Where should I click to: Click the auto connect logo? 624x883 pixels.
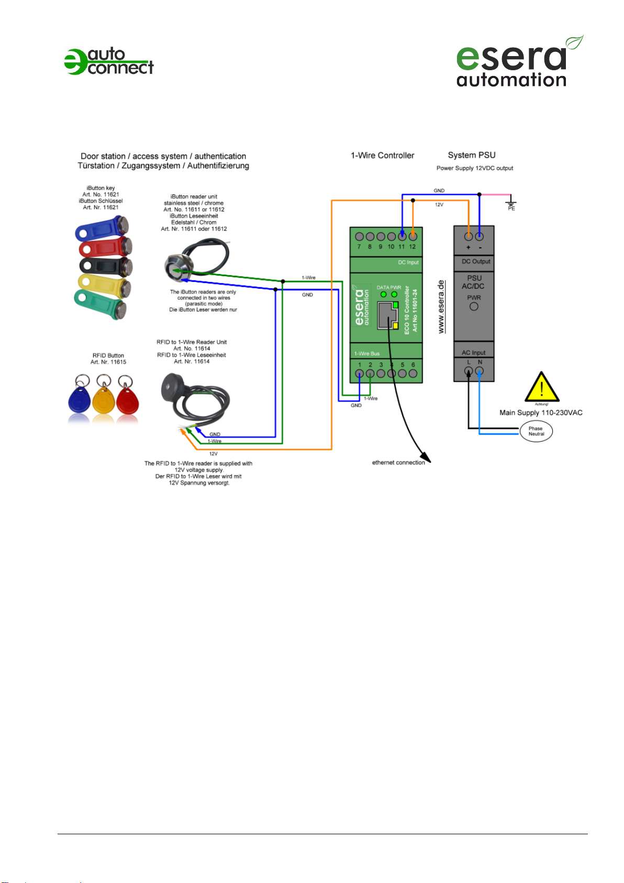coord(109,62)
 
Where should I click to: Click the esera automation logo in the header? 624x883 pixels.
coord(516,62)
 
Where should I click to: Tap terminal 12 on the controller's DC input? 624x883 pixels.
coord(413,237)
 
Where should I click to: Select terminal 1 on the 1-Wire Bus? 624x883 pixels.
coord(360,374)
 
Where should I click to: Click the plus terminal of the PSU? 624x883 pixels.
coord(469,237)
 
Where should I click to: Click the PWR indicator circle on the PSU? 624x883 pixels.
coord(474,307)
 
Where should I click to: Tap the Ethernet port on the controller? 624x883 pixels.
coord(387,315)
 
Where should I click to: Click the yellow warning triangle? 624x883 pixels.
coord(542,388)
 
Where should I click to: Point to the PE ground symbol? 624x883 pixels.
coord(511,202)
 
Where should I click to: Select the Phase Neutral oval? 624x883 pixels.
coord(536,431)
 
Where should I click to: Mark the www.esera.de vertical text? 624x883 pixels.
coord(441,307)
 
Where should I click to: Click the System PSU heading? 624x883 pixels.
coord(472,155)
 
